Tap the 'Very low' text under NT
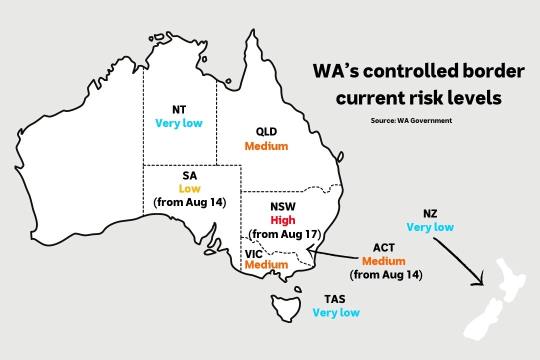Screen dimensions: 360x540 click(x=179, y=123)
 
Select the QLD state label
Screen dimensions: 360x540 click(x=266, y=132)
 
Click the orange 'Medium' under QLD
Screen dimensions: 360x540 click(x=266, y=146)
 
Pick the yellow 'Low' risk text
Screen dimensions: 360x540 click(x=189, y=188)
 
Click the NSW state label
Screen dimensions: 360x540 click(x=283, y=206)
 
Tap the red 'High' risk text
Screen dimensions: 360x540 click(x=283, y=220)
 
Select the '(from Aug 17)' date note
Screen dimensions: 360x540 click(x=284, y=234)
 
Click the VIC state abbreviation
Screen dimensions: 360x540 click(x=253, y=254)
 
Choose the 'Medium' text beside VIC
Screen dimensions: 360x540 click(x=266, y=264)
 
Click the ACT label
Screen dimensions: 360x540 click(x=384, y=248)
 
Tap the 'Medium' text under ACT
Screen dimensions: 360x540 click(x=384, y=261)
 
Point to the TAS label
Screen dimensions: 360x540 click(x=334, y=299)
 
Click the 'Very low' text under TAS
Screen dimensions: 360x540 click(x=336, y=313)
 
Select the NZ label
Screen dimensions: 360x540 click(x=430, y=214)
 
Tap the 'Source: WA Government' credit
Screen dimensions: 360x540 click(x=411, y=120)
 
